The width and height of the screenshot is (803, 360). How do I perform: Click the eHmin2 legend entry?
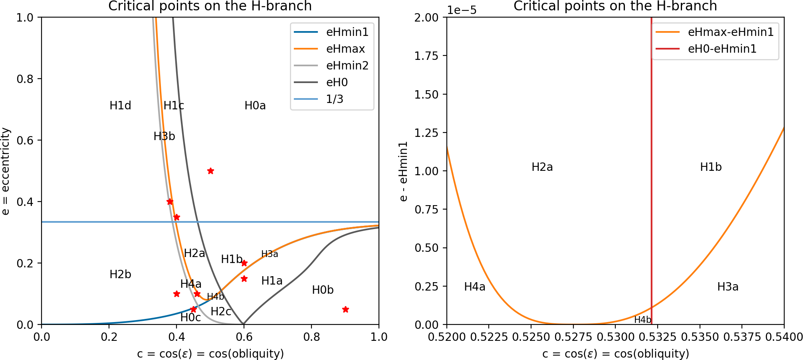pos(347,65)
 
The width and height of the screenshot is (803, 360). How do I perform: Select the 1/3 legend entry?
pos(335,99)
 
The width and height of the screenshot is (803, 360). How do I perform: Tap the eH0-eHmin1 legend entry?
pos(722,49)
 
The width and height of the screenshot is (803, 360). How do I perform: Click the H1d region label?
pos(120,106)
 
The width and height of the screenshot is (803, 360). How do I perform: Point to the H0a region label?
pos(255,106)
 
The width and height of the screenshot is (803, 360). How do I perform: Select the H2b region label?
pos(120,275)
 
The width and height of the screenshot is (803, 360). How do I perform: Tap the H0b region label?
pos(323,290)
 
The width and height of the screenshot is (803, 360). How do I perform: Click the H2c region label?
pos(221,312)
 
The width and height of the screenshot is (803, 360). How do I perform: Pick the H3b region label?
pos(164,136)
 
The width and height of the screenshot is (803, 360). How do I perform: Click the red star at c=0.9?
pos(345,309)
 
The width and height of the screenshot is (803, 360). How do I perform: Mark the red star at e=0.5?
pos(210,171)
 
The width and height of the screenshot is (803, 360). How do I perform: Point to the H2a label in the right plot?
pos(542,167)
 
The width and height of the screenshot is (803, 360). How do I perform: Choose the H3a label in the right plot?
pos(728,287)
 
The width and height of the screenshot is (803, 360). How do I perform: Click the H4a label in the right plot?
pos(475,287)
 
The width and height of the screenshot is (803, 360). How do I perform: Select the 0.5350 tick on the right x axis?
pos(700,337)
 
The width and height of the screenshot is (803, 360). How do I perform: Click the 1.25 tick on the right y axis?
pos(426,133)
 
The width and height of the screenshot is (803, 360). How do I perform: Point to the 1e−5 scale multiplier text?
pos(462,10)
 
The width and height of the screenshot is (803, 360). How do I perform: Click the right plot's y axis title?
pos(403,171)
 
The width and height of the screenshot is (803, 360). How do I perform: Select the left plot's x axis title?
pos(210,354)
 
